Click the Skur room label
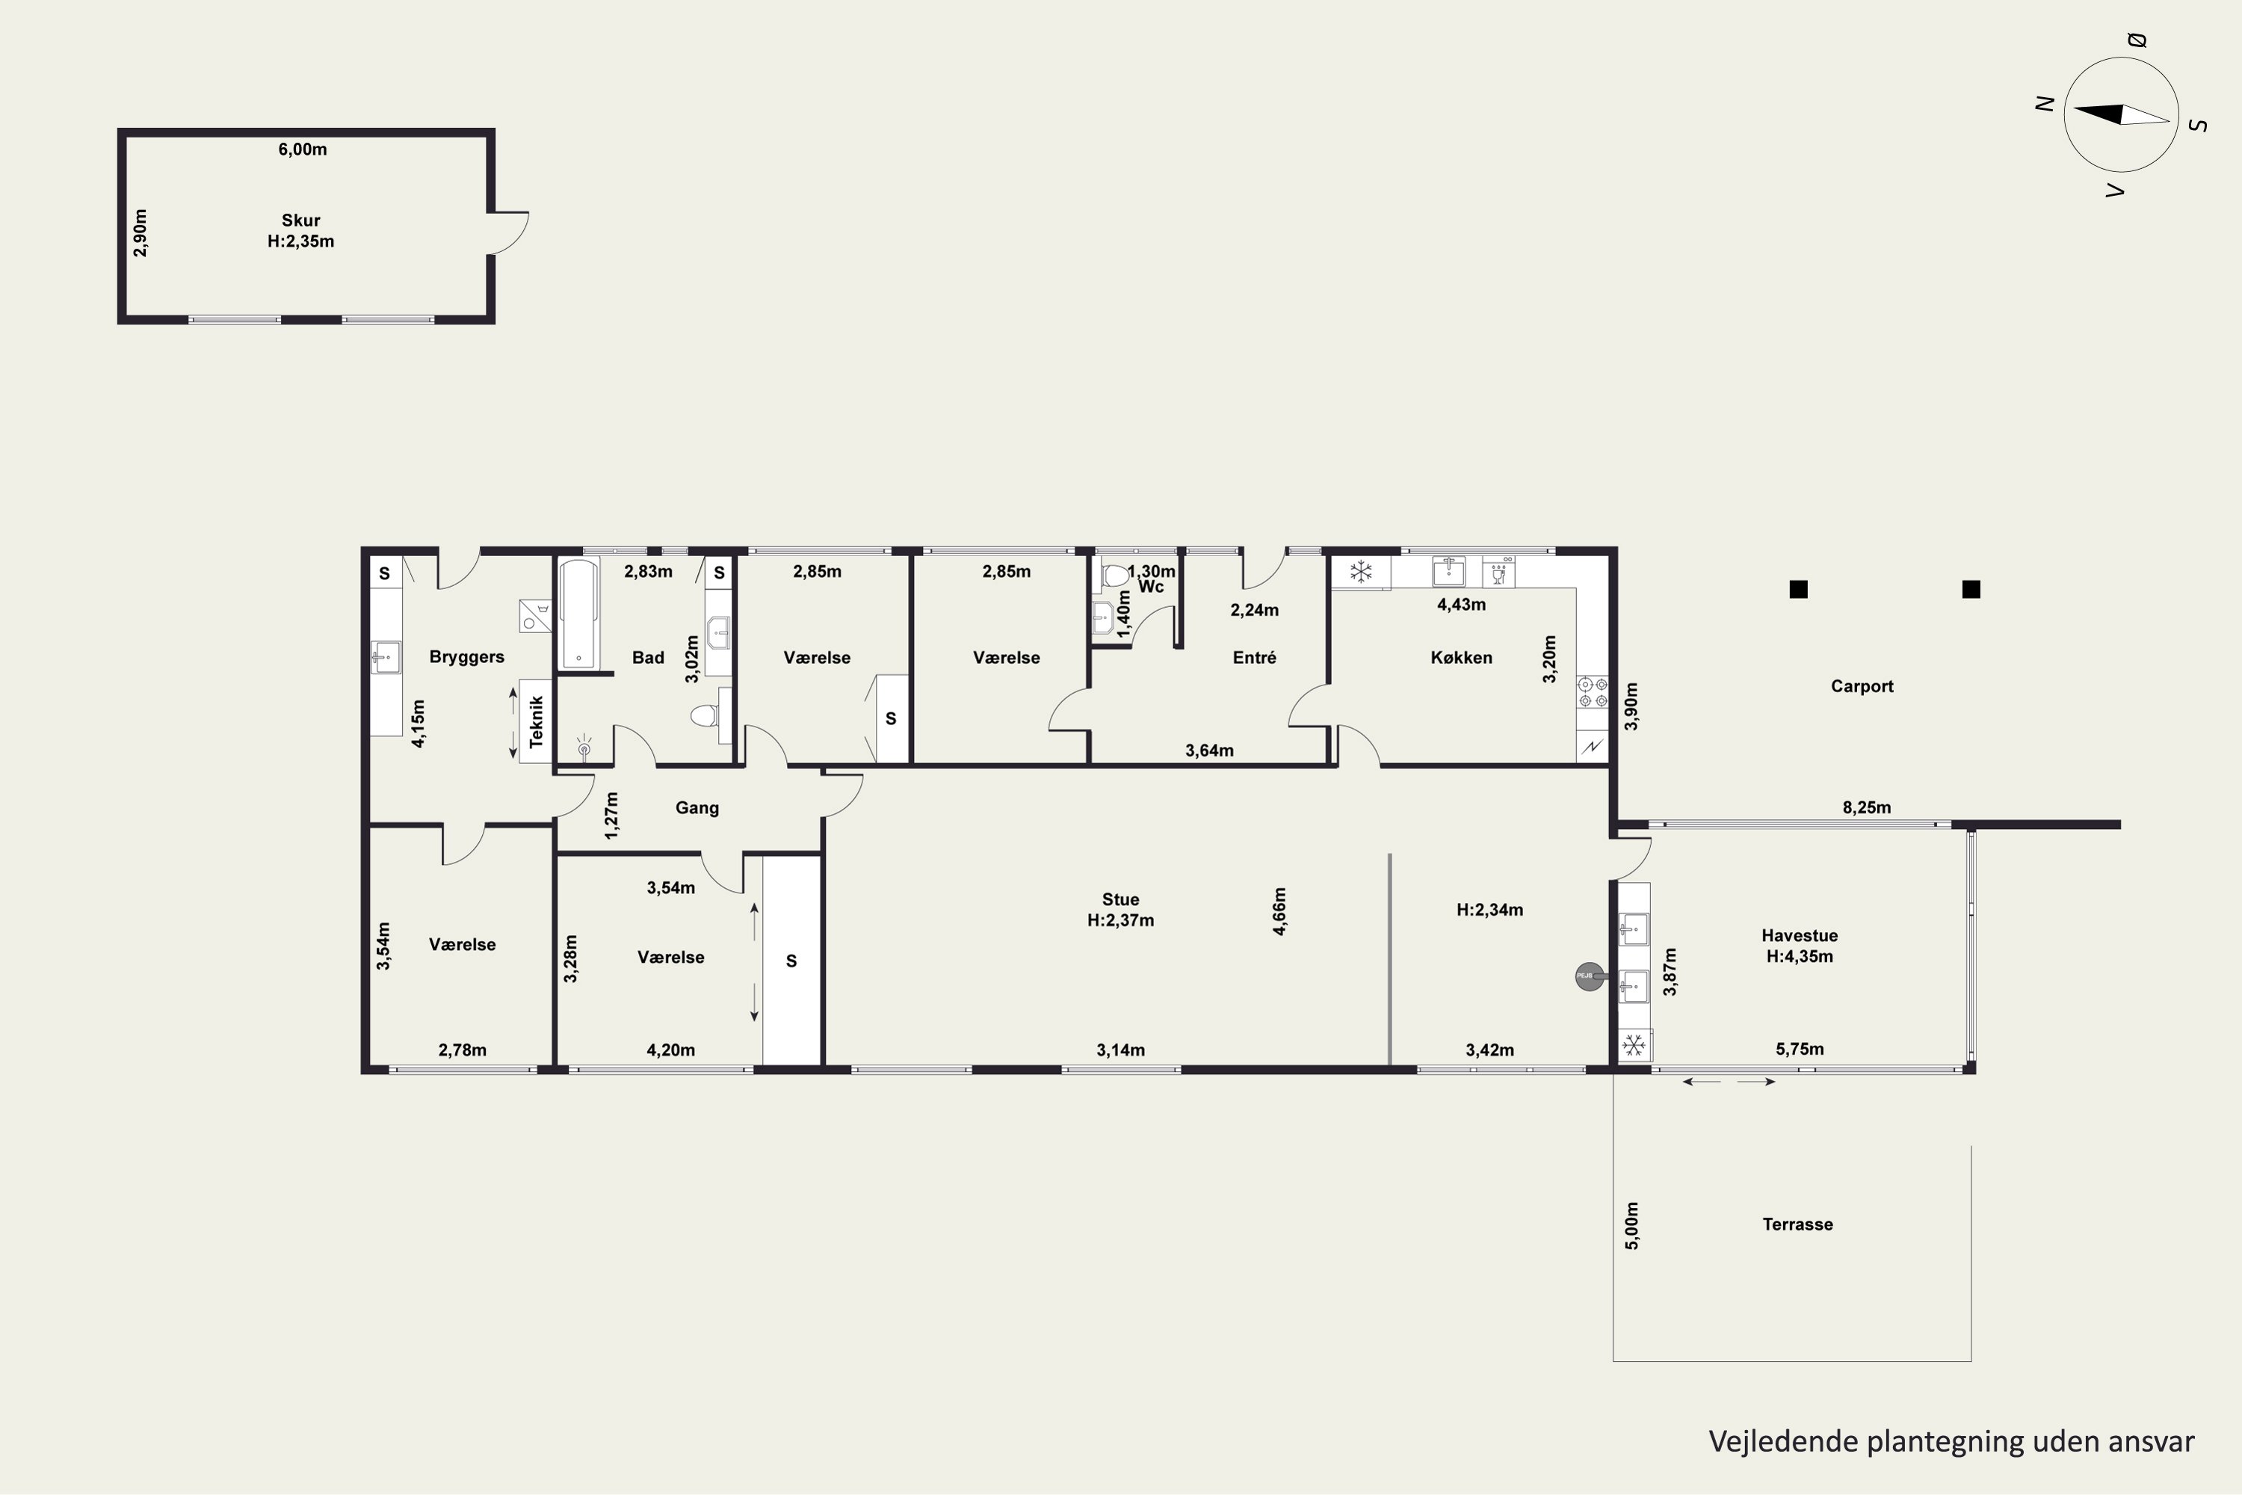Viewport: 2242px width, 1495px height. point(300,221)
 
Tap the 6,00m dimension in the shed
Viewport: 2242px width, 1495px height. point(302,149)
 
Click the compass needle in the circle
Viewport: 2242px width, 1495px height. point(2121,115)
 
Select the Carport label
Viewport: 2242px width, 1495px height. point(1862,686)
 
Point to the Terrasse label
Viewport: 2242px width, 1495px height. point(1797,1224)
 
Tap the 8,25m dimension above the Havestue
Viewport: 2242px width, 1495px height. point(1866,807)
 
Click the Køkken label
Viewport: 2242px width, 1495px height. point(1461,658)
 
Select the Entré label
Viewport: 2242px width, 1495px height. point(1255,658)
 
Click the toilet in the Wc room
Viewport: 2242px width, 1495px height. point(1114,575)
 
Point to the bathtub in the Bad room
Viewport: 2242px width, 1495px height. point(578,614)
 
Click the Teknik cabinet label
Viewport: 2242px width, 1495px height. point(536,721)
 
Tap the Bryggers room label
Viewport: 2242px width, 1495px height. point(466,657)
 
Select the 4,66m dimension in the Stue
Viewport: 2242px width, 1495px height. point(1279,911)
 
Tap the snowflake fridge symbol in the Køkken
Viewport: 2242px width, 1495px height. point(1360,572)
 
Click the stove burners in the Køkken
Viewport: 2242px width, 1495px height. point(1592,693)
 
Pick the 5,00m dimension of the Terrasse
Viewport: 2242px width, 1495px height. point(1632,1226)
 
